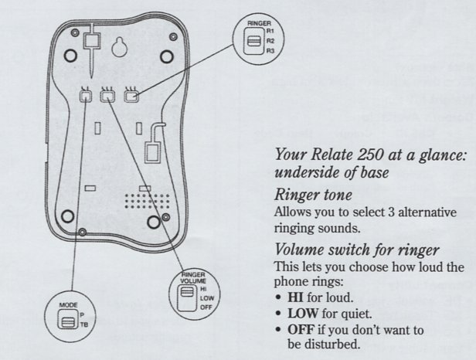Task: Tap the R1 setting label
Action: click(270, 32)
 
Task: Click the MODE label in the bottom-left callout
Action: click(68, 306)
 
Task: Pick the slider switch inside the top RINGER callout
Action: click(252, 40)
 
